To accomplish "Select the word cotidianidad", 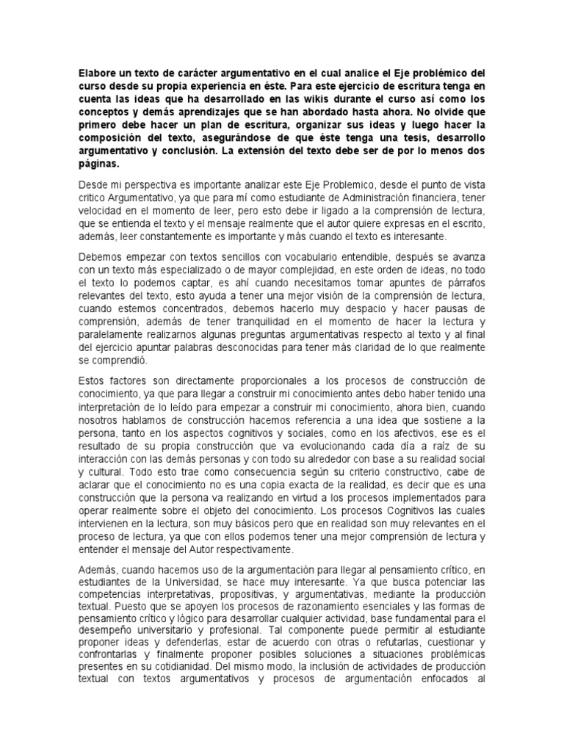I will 194,668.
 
